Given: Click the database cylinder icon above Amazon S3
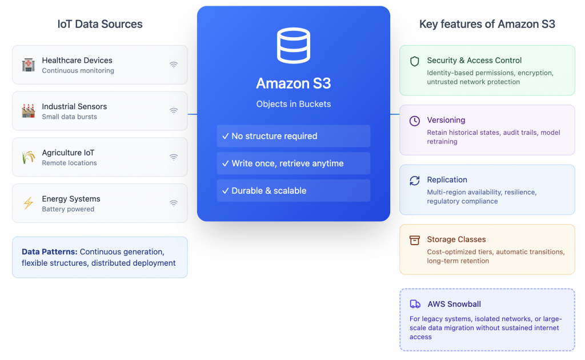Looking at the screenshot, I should (293, 46).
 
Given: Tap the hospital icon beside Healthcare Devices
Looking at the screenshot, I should (28, 65).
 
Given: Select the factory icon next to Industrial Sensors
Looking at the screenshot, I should (28, 111).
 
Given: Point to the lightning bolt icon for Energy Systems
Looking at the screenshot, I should (28, 203).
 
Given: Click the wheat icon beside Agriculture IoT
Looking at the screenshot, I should (28, 157).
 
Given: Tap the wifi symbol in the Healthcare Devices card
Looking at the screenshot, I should (174, 65).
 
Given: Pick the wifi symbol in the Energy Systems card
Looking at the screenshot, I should (174, 203).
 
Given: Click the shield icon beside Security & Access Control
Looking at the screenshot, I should (415, 61).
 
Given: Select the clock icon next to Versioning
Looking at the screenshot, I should (415, 121).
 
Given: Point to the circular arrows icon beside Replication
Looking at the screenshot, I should (415, 181).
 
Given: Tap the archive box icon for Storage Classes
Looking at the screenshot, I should (415, 240).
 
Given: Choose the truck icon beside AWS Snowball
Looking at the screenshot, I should (415, 304).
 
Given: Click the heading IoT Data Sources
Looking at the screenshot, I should (100, 24).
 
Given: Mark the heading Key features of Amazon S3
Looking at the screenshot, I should (487, 24).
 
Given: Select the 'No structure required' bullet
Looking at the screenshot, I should (293, 136).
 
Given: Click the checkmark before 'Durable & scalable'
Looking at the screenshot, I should (226, 191).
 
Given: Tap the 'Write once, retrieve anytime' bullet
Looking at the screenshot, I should (293, 163).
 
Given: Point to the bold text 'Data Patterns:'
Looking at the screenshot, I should (49, 252).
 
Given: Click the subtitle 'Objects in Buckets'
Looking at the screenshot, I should (293, 104).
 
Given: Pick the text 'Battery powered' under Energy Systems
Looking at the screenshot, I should (68, 209).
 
